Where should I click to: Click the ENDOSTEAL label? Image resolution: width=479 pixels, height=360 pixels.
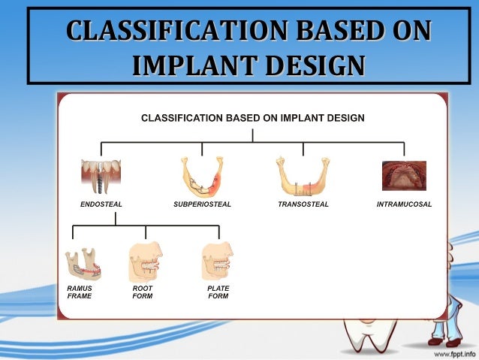click(101, 204)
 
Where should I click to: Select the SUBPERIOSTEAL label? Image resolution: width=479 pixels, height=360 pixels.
click(202, 204)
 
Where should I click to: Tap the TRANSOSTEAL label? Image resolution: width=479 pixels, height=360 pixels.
click(303, 204)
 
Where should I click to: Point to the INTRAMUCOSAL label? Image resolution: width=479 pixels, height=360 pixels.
click(404, 204)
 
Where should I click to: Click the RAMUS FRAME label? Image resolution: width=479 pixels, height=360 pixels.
click(79, 292)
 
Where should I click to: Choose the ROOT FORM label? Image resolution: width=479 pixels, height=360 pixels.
click(143, 292)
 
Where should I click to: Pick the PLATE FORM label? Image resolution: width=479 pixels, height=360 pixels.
click(218, 292)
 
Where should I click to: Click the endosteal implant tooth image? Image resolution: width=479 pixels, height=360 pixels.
click(101, 177)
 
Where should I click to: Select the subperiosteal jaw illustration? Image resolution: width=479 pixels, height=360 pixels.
click(202, 177)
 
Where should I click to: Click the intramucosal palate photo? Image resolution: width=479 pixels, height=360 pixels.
click(404, 176)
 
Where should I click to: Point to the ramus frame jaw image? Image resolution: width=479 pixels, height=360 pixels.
click(83, 264)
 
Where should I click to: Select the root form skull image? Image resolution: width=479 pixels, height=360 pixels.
click(146, 262)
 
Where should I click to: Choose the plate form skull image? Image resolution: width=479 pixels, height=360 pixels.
click(218, 262)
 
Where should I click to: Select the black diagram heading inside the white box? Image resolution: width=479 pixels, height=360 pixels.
click(253, 118)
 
